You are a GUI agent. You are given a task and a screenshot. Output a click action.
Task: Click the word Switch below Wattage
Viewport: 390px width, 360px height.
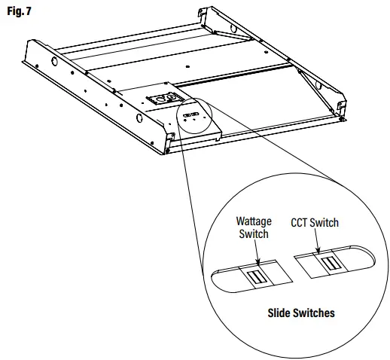[x=254, y=234]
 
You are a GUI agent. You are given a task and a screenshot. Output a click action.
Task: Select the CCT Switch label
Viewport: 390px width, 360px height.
[x=314, y=223]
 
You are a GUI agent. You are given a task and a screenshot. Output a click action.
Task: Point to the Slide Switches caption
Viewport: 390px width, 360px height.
[x=302, y=312]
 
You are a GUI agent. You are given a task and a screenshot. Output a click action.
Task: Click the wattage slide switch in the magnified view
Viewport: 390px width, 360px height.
[x=257, y=277]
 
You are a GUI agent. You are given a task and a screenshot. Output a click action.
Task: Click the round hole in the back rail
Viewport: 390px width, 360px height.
[x=233, y=28]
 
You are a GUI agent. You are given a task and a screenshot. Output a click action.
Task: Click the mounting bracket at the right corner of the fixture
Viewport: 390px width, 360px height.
[x=341, y=105]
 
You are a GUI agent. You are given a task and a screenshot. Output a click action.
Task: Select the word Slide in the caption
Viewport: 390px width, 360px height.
[x=282, y=312]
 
